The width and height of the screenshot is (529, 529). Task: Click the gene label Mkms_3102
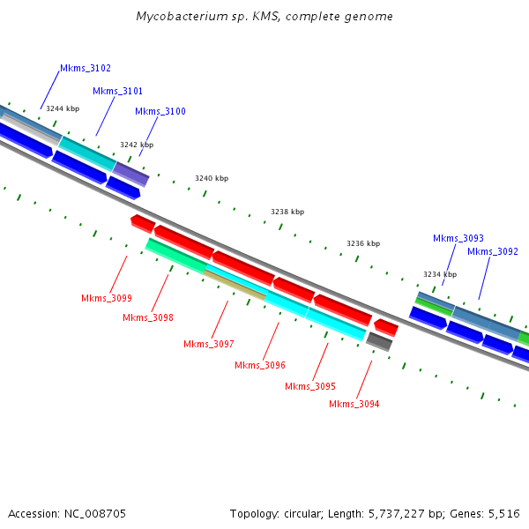85,68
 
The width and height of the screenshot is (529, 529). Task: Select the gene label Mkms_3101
117,91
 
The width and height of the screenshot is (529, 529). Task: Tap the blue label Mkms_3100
160,111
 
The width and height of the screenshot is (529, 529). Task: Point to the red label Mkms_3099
106,298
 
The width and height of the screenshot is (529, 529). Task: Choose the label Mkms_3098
147,317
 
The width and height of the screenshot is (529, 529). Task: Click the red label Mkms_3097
209,344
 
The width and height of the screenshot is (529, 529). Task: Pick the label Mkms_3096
259,365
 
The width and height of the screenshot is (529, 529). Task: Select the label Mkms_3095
309,386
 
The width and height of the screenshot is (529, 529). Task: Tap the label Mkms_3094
354,404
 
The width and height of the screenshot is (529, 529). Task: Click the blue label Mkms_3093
458,238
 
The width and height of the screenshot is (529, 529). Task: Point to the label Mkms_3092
492,251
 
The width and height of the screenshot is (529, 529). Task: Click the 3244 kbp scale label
63,108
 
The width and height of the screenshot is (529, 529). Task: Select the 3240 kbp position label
212,178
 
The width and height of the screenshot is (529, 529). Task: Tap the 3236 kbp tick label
363,243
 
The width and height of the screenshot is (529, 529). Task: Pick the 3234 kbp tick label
440,274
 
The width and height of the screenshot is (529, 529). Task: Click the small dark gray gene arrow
379,340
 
